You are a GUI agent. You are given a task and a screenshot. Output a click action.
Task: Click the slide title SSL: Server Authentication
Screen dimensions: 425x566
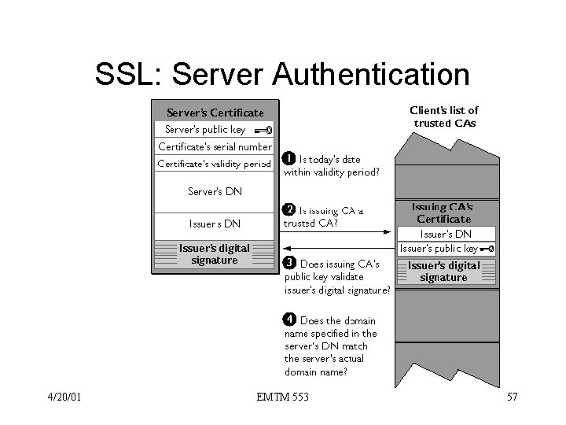click(282, 75)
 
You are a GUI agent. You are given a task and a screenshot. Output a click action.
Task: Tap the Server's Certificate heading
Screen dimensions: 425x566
click(214, 113)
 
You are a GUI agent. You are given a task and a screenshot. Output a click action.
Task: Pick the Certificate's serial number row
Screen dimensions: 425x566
click(214, 146)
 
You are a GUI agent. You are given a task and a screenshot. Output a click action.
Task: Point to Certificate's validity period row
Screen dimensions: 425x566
click(214, 164)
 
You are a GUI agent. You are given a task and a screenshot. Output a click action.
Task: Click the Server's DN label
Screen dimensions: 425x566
click(214, 191)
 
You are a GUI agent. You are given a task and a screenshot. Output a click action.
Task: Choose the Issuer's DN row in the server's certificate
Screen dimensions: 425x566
click(214, 224)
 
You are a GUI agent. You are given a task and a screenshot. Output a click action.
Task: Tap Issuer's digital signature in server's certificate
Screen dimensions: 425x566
click(214, 253)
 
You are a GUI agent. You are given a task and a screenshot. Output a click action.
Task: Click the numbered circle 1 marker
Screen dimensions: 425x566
click(289, 158)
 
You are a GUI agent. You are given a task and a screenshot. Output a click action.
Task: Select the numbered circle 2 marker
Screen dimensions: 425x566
click(289, 209)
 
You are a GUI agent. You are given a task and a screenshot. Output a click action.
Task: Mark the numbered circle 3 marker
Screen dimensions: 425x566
click(289, 262)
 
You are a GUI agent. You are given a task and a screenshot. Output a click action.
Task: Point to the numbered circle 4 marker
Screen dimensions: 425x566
click(289, 320)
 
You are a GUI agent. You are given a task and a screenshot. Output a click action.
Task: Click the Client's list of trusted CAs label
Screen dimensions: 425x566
click(444, 116)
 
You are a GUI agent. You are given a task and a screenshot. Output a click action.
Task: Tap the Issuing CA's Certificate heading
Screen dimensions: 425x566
click(444, 213)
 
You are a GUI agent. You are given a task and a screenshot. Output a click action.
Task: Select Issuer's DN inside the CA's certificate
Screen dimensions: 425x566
click(446, 234)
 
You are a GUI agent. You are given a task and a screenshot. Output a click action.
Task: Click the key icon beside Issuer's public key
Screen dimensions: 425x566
click(487, 249)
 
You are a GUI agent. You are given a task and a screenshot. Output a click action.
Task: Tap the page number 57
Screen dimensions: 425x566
click(511, 397)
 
